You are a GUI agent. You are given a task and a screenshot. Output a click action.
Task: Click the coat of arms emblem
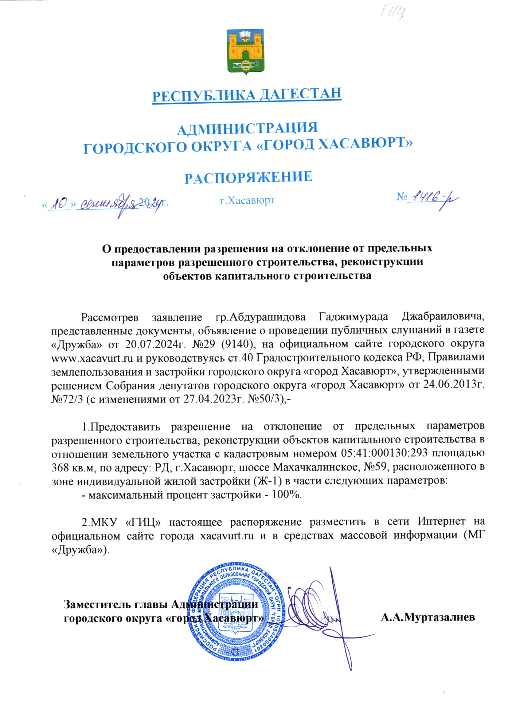click(247, 51)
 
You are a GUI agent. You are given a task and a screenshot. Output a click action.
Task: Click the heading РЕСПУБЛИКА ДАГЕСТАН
click(247, 93)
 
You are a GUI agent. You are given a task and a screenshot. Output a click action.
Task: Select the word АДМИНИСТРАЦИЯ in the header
click(248, 128)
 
